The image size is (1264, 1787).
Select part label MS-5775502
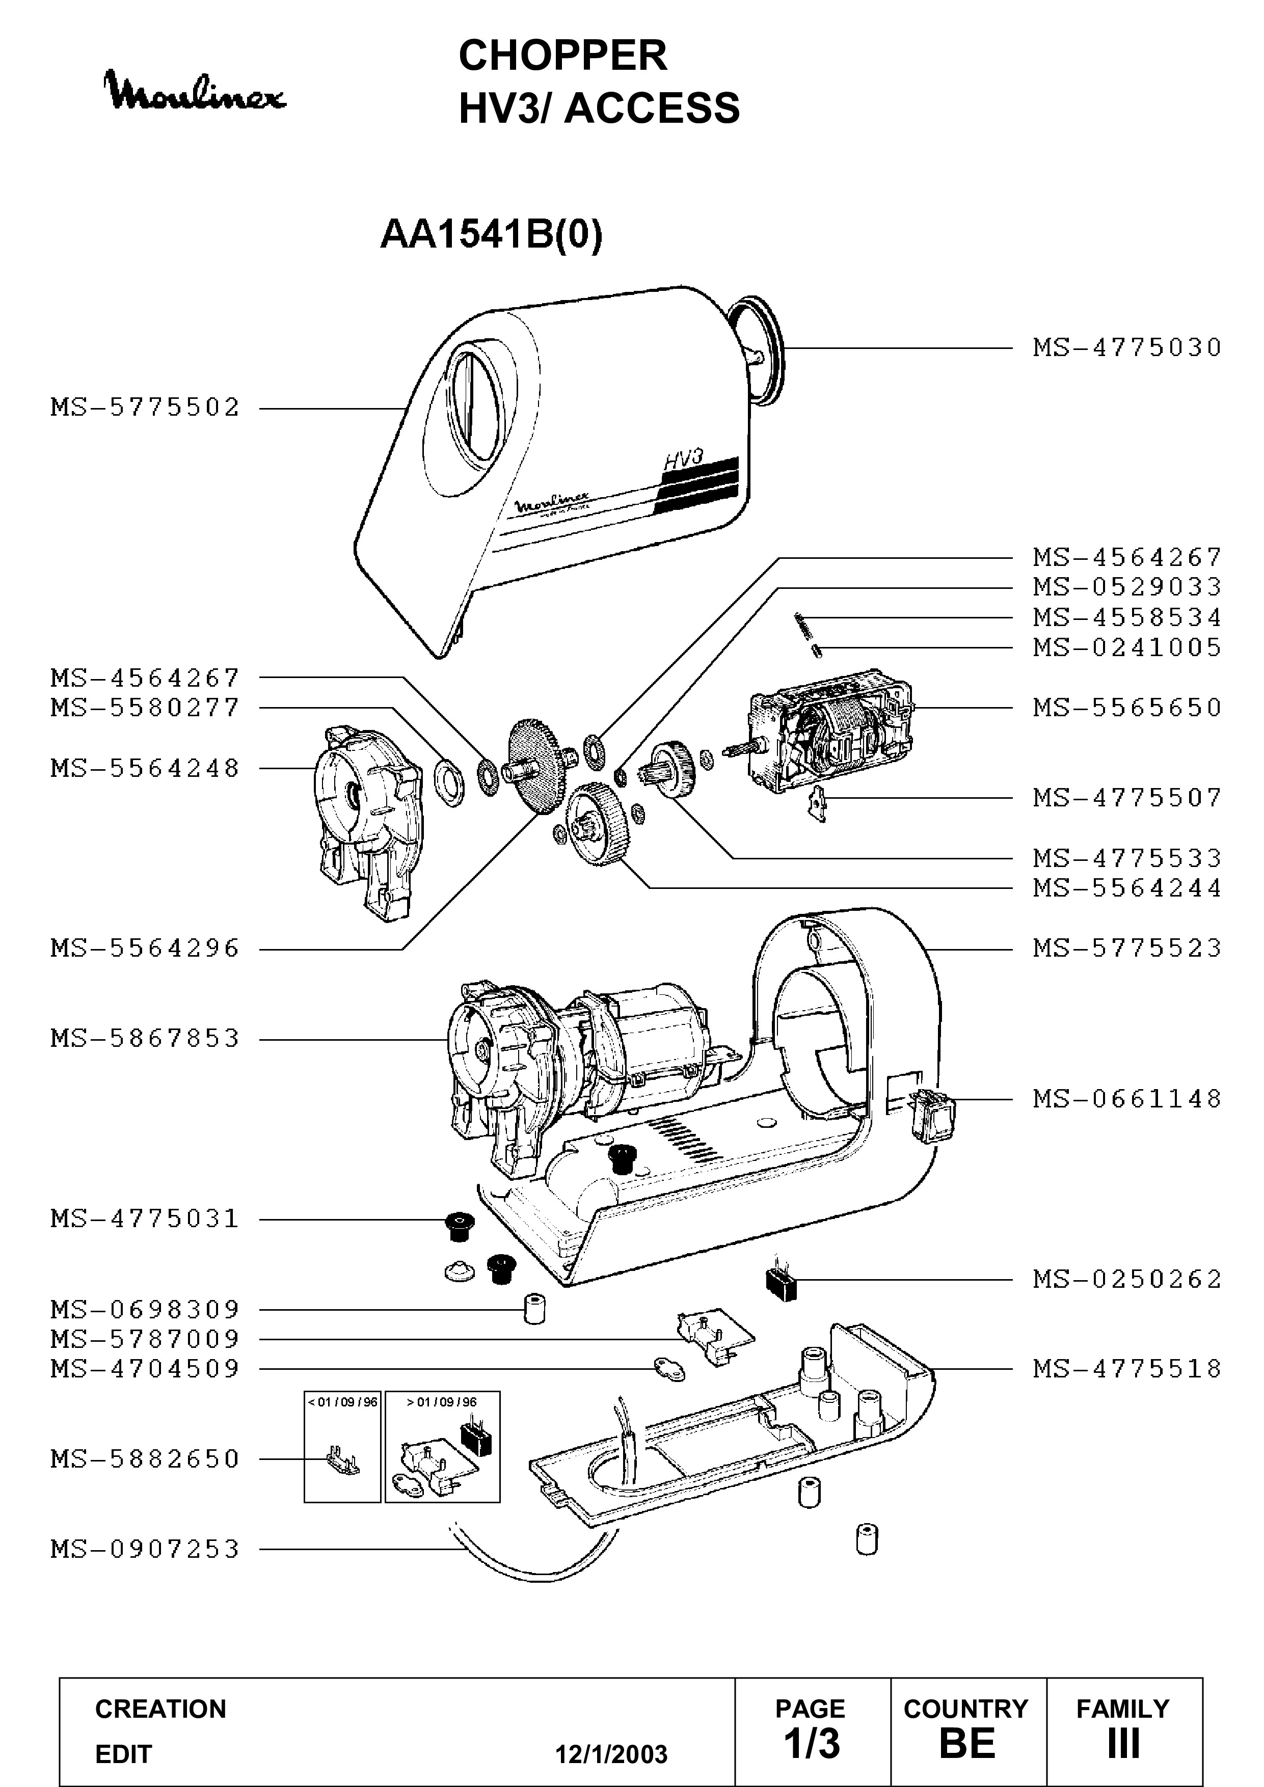click(146, 407)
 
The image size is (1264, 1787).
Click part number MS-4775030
click(1127, 347)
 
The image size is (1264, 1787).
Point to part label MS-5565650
click(1127, 708)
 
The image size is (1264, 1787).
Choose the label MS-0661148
click(1127, 1099)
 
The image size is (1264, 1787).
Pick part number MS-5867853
click(146, 1038)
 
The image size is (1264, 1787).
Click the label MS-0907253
click(146, 1549)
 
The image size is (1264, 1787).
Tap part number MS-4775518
click(1127, 1368)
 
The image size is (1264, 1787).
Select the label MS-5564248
click(146, 768)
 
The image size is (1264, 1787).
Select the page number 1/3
click(812, 1743)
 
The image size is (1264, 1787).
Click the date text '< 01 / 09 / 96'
click(342, 1402)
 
